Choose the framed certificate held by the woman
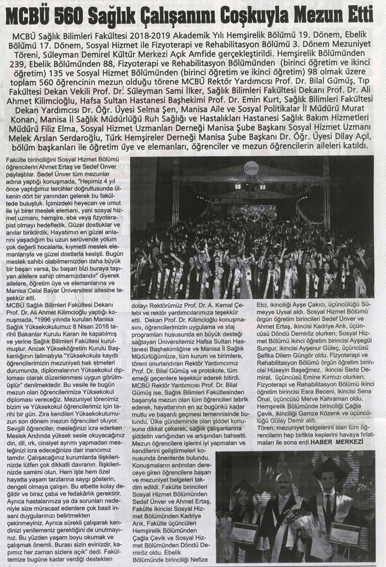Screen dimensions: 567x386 click(244, 533)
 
